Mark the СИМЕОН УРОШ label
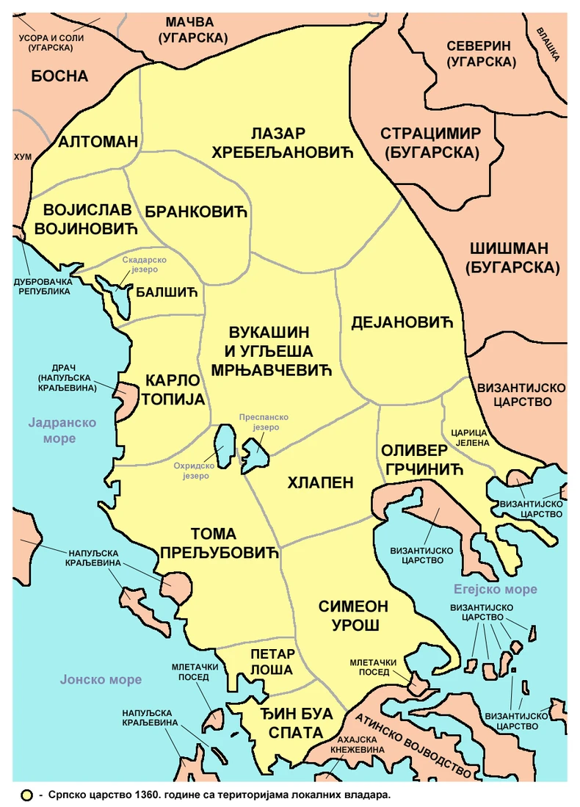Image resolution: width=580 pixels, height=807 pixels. (353, 616)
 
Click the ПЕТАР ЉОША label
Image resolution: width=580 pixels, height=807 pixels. (272, 662)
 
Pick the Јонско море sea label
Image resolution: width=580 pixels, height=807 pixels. (101, 680)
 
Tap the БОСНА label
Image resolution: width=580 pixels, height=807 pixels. (59, 76)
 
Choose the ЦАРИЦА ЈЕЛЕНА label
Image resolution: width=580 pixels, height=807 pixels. (465, 437)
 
